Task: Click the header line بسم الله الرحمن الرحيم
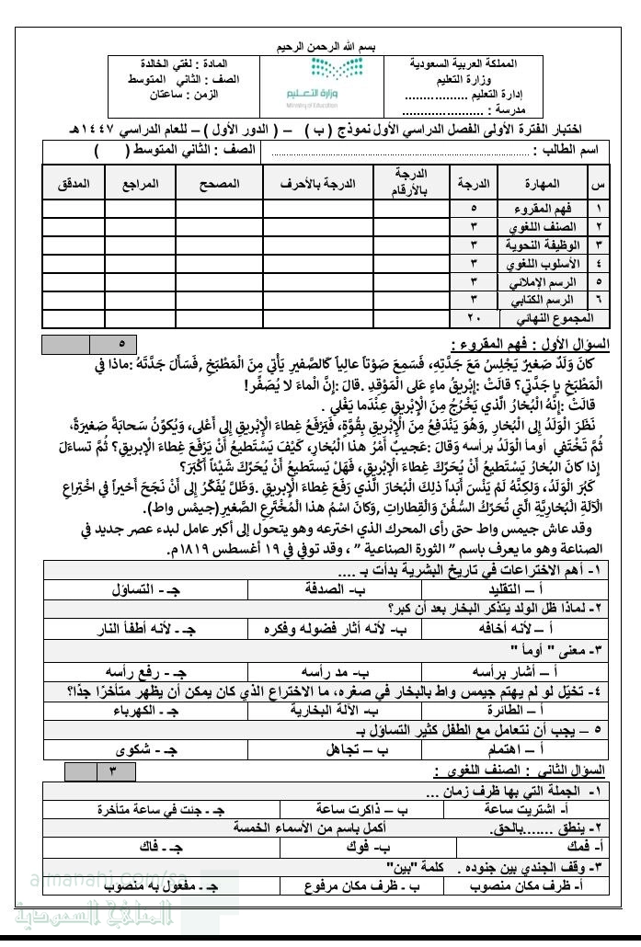[x=321, y=46]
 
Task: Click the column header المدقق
[x=74, y=184]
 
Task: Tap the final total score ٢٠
[x=474, y=319]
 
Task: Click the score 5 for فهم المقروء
[x=474, y=209]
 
